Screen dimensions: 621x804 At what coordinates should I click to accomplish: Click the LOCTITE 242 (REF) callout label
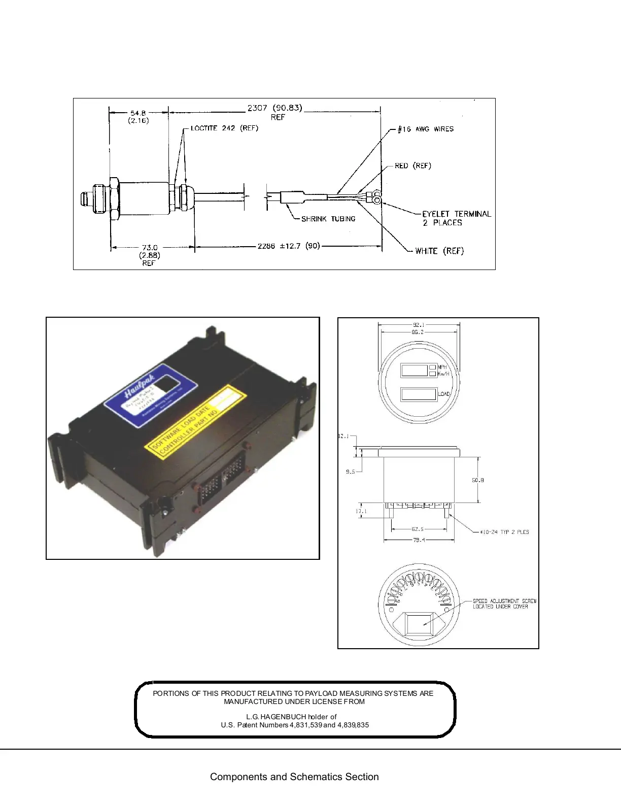click(224, 128)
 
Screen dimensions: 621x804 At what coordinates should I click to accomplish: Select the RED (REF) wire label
click(412, 166)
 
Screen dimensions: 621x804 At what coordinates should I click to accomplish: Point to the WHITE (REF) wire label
click(439, 251)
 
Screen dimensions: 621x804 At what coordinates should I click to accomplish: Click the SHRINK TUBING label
click(328, 219)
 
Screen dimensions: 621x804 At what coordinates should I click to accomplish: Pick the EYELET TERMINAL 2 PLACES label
click(456, 218)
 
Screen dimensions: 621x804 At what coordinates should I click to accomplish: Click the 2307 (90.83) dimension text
click(274, 108)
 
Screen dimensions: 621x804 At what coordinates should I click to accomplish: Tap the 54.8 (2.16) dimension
click(138, 117)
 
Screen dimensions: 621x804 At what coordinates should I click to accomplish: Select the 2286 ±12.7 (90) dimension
click(289, 246)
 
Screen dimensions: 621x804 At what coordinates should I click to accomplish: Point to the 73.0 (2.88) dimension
click(149, 252)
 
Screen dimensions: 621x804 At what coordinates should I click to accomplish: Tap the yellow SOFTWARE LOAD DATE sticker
click(195, 422)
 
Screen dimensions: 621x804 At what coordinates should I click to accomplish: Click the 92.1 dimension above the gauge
click(419, 325)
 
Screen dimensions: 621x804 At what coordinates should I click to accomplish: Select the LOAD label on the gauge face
click(444, 394)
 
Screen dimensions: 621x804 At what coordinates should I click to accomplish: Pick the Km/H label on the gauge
click(443, 374)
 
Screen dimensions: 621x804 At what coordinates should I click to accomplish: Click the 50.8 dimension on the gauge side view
click(478, 480)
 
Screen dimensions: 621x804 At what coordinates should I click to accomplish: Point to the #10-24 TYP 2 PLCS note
click(504, 532)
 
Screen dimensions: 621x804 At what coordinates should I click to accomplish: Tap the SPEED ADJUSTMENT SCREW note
click(504, 604)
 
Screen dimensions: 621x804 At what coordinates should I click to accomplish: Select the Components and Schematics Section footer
click(294, 777)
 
